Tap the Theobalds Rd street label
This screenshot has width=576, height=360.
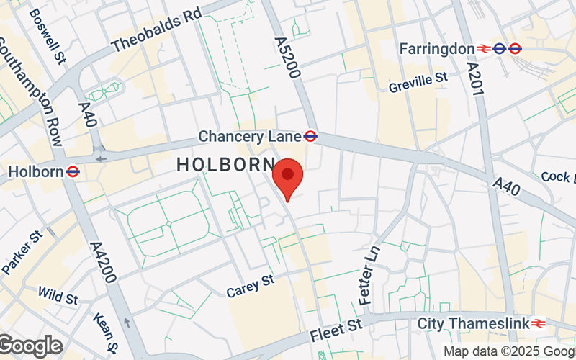tap(157, 31)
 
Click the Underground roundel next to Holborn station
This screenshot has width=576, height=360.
tap(73, 171)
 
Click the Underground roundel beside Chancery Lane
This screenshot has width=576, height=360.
tap(311, 135)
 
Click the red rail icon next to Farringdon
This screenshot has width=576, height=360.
tap(484, 48)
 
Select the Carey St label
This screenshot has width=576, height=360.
tap(251, 286)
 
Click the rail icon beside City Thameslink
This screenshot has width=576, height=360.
tap(538, 323)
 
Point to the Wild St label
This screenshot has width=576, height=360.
tap(58, 294)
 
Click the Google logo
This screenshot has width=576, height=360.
tap(31, 346)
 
